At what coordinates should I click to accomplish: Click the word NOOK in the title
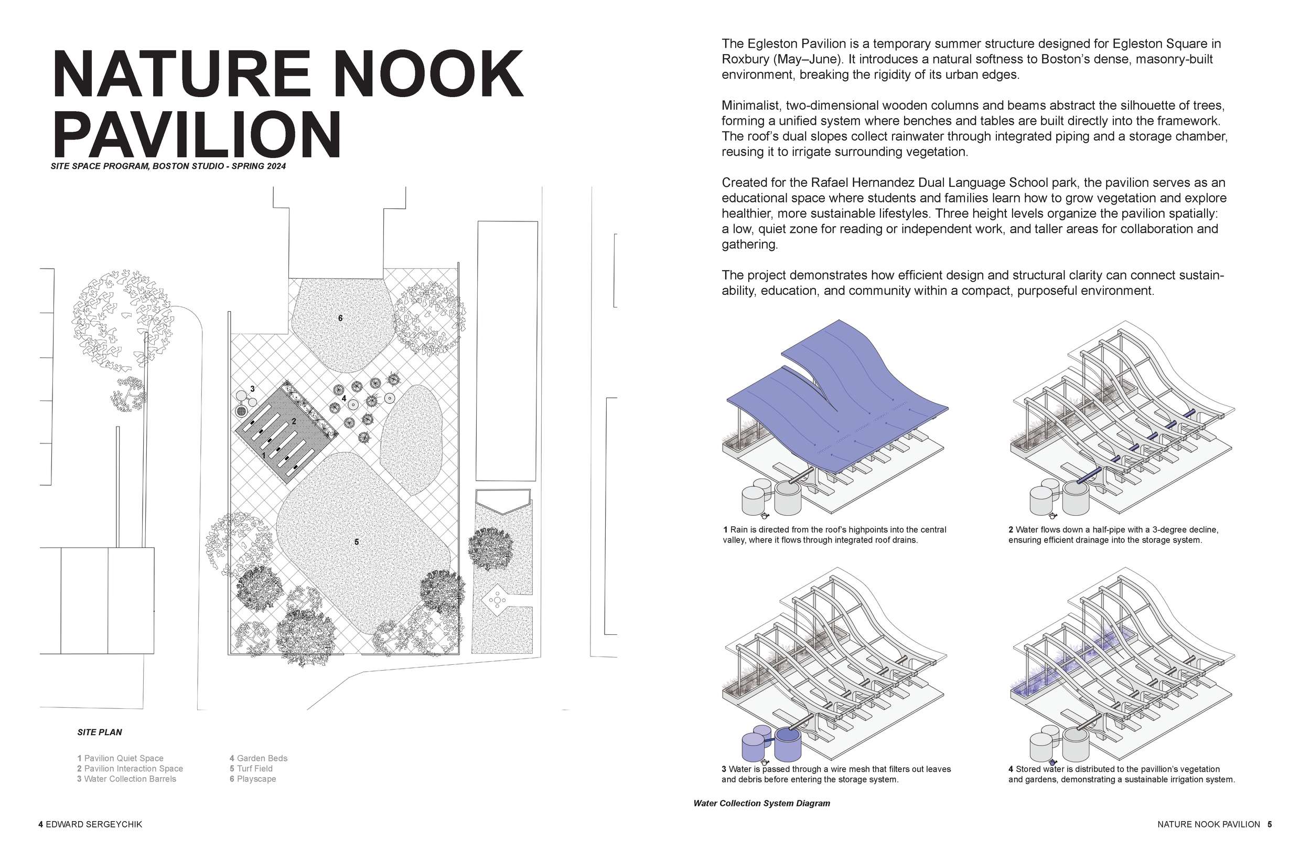[428, 74]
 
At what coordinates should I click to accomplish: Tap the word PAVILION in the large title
[197, 134]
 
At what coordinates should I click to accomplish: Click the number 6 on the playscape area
[340, 318]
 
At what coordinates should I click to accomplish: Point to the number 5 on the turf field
[357, 542]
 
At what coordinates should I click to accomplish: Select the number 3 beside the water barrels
[252, 389]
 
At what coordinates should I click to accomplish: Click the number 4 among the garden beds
[343, 398]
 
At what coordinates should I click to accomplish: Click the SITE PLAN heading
[100, 732]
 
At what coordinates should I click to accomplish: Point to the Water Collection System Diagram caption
[761, 803]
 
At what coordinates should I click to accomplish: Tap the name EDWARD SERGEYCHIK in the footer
[93, 824]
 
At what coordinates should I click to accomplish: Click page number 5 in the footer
[1270, 824]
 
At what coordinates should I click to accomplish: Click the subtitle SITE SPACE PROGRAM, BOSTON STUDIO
[168, 166]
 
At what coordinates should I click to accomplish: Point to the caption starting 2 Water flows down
[1113, 535]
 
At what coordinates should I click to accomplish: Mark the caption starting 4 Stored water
[1121, 774]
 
